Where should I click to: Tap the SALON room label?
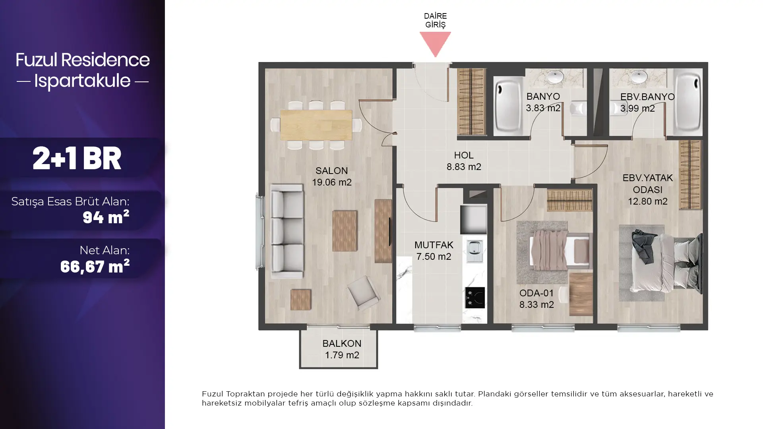point(331,171)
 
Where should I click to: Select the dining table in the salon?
point(316,125)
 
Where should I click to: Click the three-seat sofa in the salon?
point(287,231)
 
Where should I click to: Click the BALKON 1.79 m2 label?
point(342,349)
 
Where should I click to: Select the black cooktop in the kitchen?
point(475,298)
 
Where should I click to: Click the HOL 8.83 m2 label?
point(464,161)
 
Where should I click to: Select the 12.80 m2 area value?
point(647,201)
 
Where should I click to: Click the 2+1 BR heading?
point(77,158)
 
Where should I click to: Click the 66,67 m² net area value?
point(95,266)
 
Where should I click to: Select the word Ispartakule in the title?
point(82,81)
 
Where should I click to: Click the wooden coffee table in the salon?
point(345,230)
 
